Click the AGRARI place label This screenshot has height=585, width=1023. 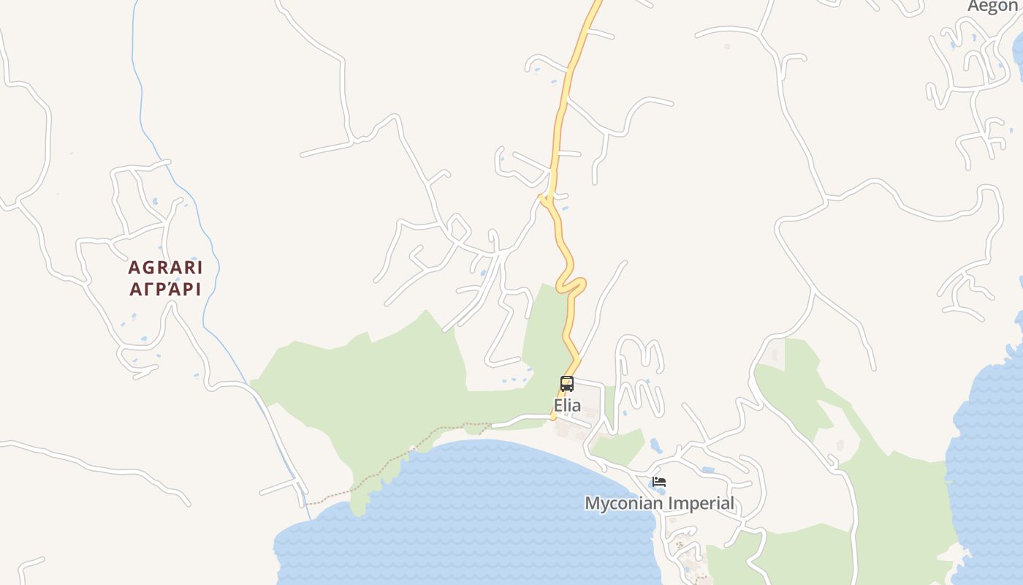165,268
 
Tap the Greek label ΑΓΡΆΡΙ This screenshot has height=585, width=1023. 165,290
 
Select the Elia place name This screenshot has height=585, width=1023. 567,405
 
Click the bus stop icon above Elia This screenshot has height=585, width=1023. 567,383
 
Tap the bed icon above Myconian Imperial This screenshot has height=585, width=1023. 659,482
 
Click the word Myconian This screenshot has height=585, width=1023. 623,503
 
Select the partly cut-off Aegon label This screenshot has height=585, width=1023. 992,6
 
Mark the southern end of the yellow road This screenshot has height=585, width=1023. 553,418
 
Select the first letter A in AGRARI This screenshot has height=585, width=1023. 134,268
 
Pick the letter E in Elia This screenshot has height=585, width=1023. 558,405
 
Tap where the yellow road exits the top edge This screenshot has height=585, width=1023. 597,3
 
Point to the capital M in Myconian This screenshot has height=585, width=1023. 593,503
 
